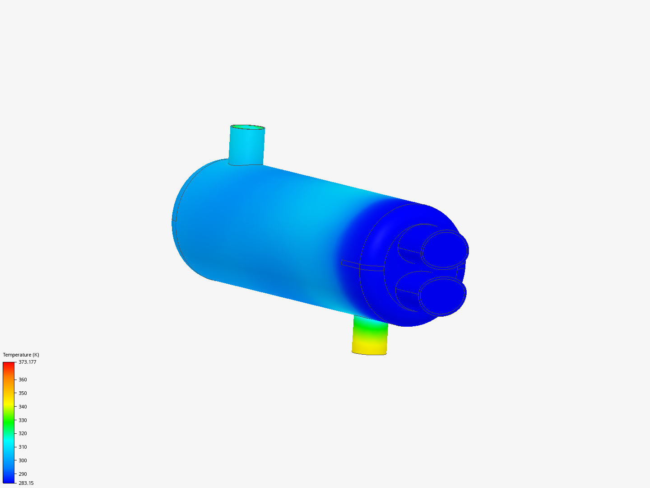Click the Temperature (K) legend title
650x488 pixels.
21,355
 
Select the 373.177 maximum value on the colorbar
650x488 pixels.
27,362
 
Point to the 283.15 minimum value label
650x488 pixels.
26,483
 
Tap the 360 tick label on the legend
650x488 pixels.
23,380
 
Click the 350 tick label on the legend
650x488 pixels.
23,393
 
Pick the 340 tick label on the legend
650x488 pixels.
23,407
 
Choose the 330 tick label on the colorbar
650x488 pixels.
23,420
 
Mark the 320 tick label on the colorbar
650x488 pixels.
23,433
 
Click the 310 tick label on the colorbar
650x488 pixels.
23,447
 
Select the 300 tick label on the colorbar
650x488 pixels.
23,460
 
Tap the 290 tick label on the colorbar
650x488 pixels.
23,474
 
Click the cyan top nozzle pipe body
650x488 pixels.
246,147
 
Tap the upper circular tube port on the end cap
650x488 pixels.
445,250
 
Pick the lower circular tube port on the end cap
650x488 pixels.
442,296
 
